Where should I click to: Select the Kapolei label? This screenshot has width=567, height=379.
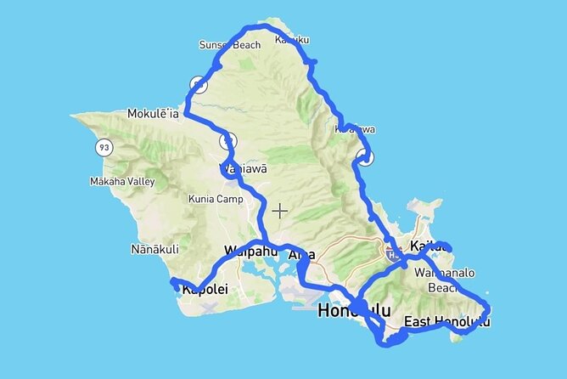pos(205,290)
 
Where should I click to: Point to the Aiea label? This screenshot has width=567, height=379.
pos(301,255)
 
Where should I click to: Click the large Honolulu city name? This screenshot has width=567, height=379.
pos(354,312)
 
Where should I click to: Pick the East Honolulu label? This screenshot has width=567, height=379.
pos(446,322)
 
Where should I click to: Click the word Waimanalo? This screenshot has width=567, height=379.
pos(444,274)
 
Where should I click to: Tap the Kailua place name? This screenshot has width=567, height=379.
pos(428,246)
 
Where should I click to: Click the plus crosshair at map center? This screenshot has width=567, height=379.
pos(280,210)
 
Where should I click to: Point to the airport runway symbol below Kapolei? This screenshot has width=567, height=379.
pos(210,305)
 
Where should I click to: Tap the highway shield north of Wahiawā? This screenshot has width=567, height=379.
pos(227,140)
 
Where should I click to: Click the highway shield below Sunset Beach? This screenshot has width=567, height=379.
pos(199,84)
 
